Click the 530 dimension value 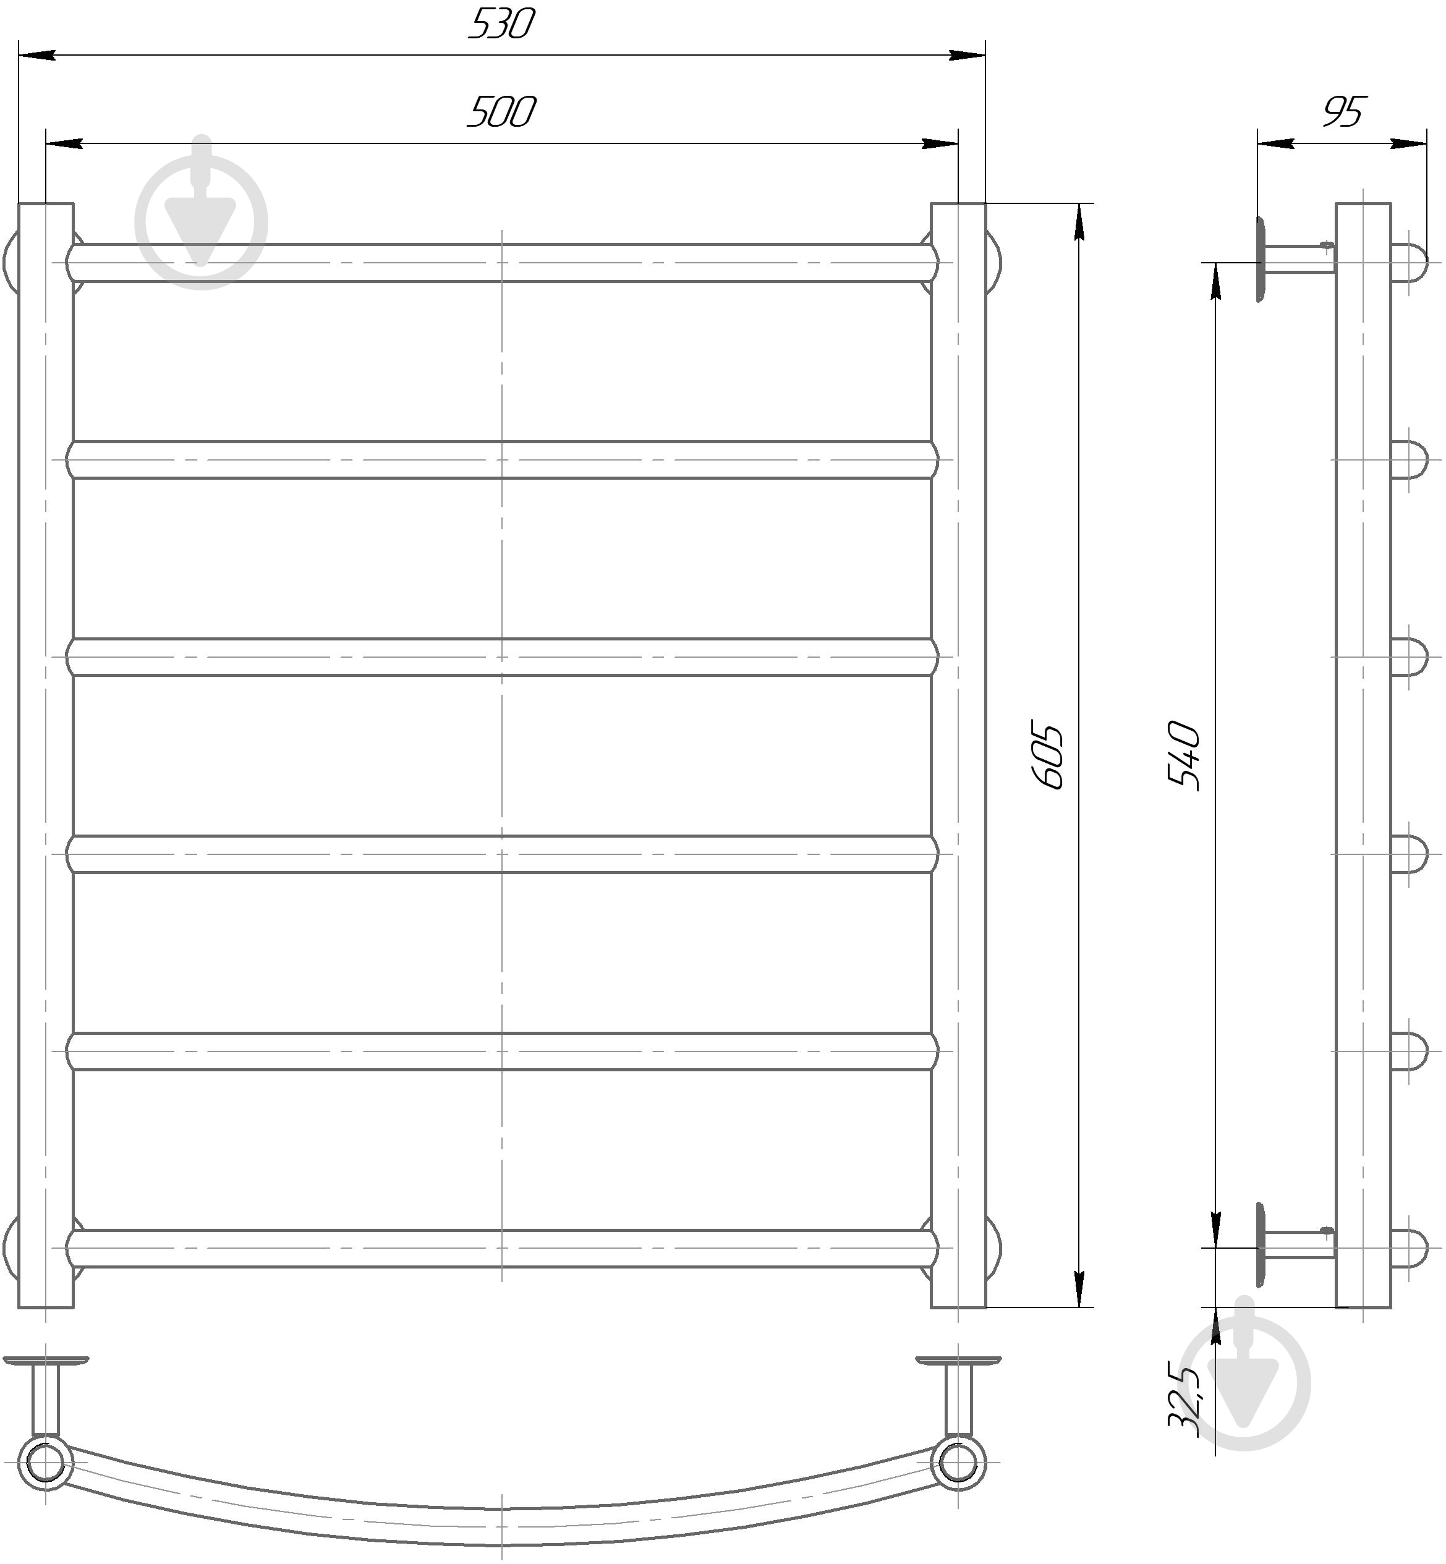501,25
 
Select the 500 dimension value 501,112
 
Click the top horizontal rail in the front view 501,263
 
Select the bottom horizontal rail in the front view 501,1248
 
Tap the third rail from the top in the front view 501,657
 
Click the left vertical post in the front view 46,756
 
